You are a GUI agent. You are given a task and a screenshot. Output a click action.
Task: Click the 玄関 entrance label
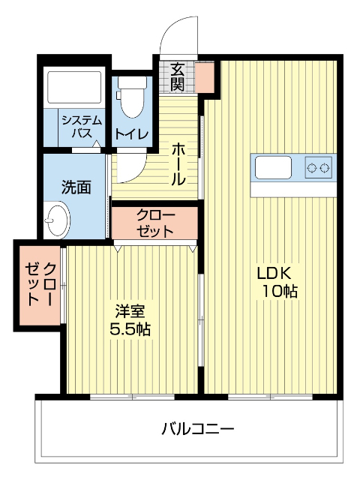[178, 75]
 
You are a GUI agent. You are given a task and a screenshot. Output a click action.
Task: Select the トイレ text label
[132, 134]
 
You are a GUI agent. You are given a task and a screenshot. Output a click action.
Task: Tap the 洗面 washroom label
[76, 186]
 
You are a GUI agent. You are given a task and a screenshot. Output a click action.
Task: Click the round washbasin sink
[56, 221]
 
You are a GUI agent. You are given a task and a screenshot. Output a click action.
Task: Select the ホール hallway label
[179, 164]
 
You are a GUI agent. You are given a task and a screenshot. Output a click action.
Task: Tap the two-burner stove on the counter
[319, 167]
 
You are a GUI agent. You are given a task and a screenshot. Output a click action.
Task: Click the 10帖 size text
[279, 292]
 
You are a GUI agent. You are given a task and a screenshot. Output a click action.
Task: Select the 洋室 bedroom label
[130, 310]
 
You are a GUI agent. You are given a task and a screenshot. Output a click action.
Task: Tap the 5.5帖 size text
[130, 328]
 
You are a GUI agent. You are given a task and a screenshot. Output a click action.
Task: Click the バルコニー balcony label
[198, 430]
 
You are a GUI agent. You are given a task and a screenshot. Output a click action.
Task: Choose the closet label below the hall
[155, 223]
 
